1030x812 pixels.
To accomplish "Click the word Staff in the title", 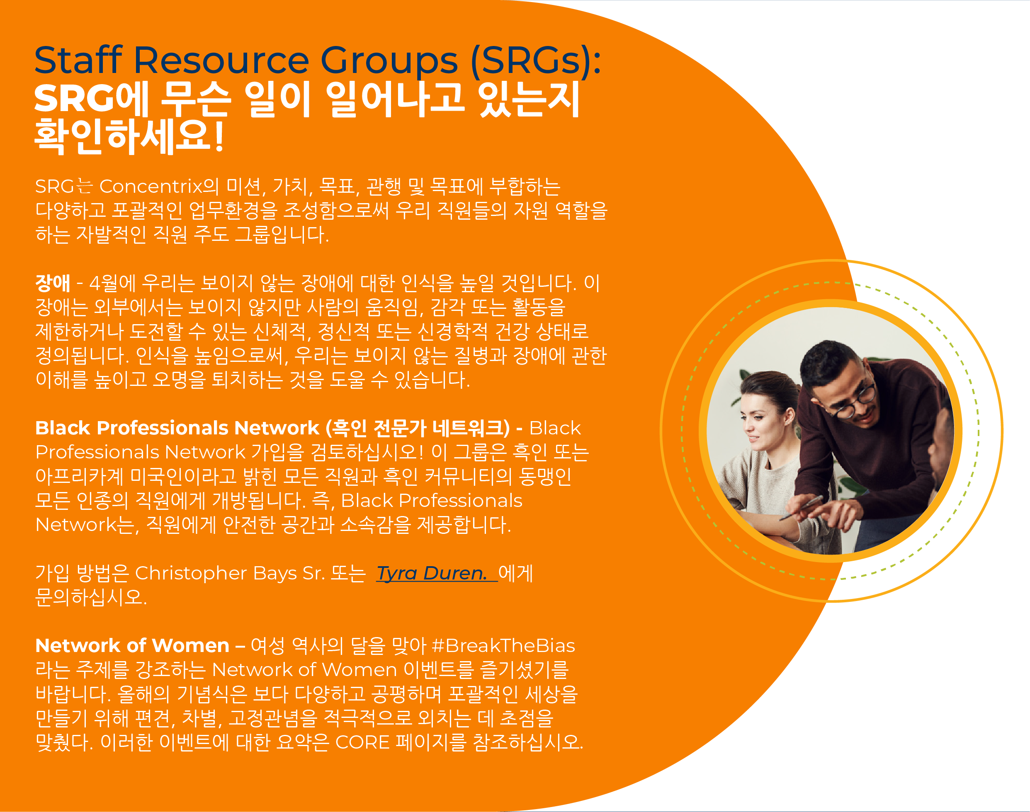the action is click(x=78, y=61).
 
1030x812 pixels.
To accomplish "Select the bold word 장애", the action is click(x=53, y=284).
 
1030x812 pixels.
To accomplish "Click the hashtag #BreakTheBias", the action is click(x=503, y=646).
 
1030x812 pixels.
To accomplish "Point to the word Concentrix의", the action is click(x=158, y=187).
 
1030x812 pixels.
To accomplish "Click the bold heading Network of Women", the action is click(x=132, y=646).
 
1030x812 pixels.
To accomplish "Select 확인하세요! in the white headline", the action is click(x=129, y=136).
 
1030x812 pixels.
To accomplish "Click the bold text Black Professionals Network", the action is click(x=177, y=428).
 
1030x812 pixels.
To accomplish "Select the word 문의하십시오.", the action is click(x=91, y=598).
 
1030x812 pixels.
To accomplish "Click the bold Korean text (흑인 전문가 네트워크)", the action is click(x=418, y=428).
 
